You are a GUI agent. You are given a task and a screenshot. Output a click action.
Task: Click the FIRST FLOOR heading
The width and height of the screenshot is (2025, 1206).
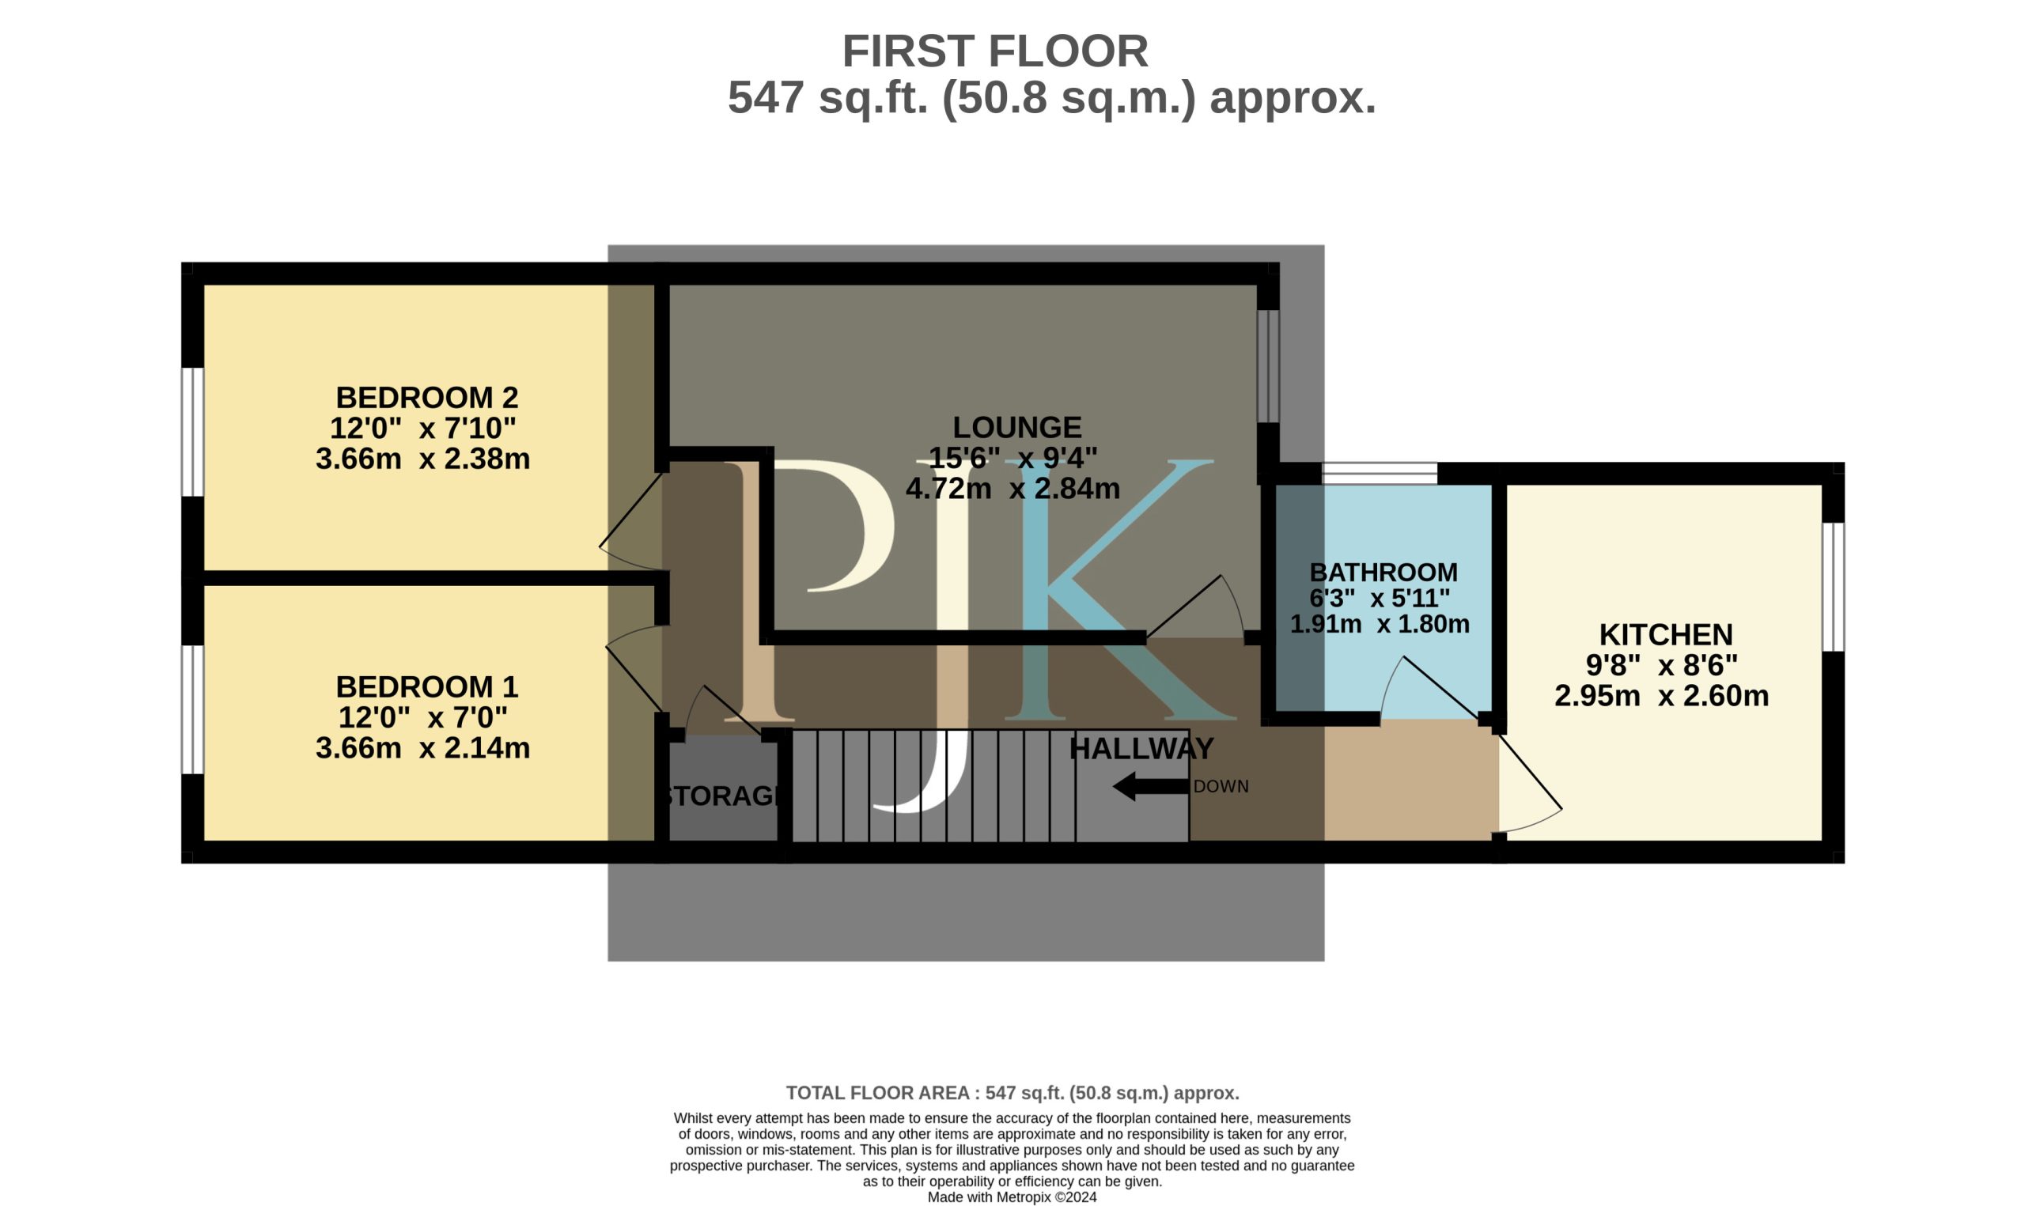tap(994, 51)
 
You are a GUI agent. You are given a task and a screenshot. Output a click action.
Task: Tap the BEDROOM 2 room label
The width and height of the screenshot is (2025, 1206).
tap(426, 398)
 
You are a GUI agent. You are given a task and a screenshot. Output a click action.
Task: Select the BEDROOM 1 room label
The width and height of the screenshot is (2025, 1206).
tap(426, 686)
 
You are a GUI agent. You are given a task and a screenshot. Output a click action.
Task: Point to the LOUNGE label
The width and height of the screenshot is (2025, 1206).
tap(1016, 427)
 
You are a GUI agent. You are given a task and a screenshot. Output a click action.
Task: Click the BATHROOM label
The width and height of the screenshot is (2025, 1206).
tap(1383, 572)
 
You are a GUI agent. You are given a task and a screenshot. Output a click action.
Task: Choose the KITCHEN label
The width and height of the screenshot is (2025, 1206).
tap(1666, 634)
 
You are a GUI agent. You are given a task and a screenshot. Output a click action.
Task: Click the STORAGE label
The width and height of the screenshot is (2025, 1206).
tap(721, 796)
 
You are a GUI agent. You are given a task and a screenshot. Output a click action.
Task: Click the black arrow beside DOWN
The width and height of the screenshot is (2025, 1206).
tap(1151, 787)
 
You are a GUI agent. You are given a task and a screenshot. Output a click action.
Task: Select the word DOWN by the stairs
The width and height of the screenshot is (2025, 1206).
tap(1221, 787)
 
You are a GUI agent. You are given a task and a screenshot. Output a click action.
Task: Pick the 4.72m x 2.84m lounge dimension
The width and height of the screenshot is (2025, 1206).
tap(1012, 489)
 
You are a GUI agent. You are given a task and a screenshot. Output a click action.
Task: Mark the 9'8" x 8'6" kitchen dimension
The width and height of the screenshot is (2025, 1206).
tap(1662, 666)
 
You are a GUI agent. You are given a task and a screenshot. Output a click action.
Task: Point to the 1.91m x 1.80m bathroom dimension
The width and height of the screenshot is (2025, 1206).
tap(1380, 624)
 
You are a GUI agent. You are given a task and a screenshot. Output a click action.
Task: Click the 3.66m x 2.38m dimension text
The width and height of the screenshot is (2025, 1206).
tap(422, 459)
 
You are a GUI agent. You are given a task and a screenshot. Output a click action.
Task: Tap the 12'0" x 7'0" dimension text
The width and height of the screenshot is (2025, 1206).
tap(422, 717)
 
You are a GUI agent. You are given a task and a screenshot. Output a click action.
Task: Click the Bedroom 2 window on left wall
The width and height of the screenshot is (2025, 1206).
tap(191, 432)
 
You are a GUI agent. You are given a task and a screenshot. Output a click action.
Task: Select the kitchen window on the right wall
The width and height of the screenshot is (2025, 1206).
tap(1834, 587)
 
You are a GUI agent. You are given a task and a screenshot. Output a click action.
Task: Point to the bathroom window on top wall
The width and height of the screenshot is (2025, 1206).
tap(1380, 473)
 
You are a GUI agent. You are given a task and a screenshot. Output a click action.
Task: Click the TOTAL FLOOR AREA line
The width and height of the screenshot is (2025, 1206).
tap(1012, 1093)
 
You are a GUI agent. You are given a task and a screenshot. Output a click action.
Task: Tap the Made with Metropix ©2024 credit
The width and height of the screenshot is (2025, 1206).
tap(1012, 1197)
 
